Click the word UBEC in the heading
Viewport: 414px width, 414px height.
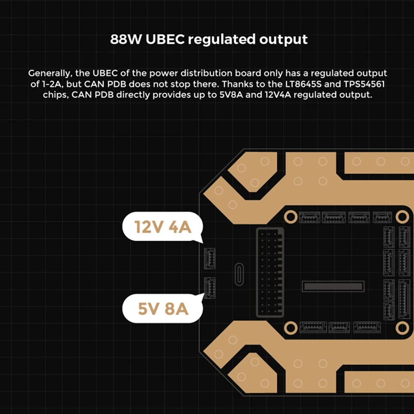click(162, 39)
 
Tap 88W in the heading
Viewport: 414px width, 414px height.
click(125, 39)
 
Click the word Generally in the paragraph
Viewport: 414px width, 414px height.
click(51, 73)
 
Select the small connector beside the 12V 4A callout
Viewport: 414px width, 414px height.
click(211, 257)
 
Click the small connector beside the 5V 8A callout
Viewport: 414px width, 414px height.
click(211, 287)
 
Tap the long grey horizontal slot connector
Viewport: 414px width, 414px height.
click(333, 286)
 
